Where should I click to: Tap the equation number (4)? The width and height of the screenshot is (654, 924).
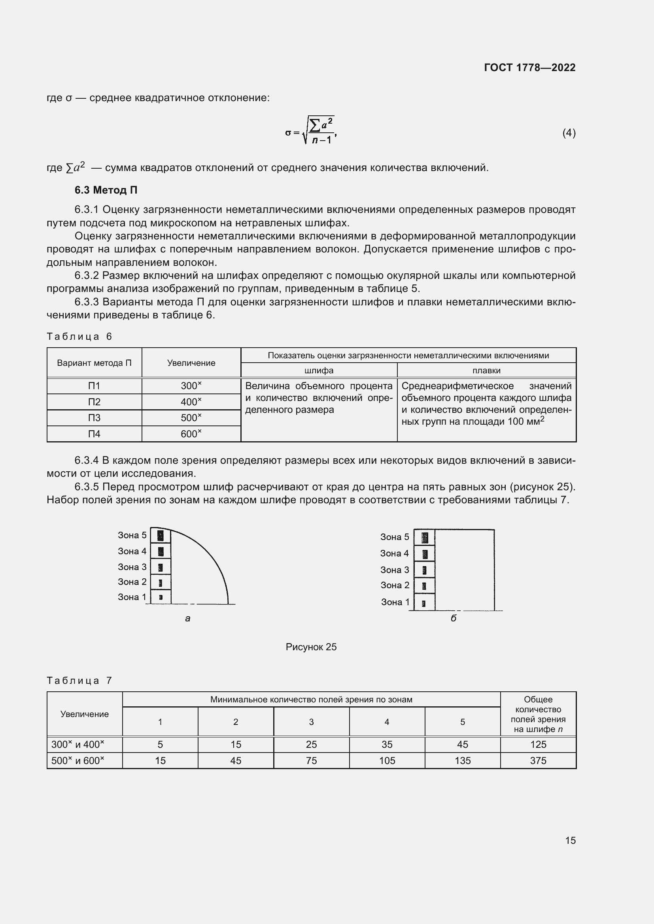click(569, 133)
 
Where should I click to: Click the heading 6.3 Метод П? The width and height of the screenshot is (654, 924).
click(106, 190)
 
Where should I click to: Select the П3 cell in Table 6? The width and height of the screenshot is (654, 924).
click(94, 418)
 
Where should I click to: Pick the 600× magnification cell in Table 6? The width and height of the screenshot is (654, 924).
click(191, 434)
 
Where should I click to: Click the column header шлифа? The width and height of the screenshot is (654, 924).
click(319, 370)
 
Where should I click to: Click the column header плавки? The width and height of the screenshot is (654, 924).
click(486, 370)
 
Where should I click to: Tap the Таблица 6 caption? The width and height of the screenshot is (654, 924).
click(79, 337)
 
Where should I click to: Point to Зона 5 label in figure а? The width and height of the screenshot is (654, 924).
click(132, 535)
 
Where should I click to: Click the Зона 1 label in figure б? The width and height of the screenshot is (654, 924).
click(395, 602)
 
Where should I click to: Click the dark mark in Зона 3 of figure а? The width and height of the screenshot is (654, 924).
click(161, 567)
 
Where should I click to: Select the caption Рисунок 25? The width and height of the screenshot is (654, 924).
click(311, 647)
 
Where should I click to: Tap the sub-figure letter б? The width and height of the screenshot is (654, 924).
click(453, 619)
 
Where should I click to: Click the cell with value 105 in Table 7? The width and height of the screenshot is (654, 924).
click(387, 760)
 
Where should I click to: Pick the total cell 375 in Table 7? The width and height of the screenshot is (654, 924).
click(538, 760)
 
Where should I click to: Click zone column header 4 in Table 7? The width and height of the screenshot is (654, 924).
click(387, 722)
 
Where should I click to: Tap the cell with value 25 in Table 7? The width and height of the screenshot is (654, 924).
click(311, 745)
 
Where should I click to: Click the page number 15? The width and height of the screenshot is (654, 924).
click(570, 840)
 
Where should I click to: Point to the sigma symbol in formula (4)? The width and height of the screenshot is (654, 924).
click(288, 133)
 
